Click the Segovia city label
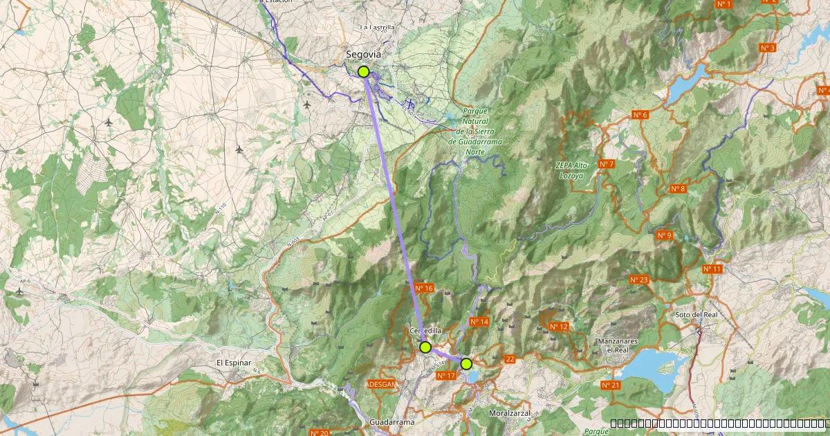pos(363,54)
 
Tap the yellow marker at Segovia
pos(364,71)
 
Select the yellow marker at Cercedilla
pos(425,347)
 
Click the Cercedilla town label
pos(425,331)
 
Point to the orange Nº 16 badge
pos(424,288)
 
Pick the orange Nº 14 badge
pos(479,322)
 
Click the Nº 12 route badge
pos(558,327)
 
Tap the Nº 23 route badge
pos(639,280)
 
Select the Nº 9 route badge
pos(664,235)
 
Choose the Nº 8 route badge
pos(678,189)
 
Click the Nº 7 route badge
pos(606,164)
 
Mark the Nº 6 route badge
pos(640,115)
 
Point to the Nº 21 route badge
pos(610,385)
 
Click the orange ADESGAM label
pos(381,384)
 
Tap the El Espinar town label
pos(233,362)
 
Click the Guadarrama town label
pos(392,422)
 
